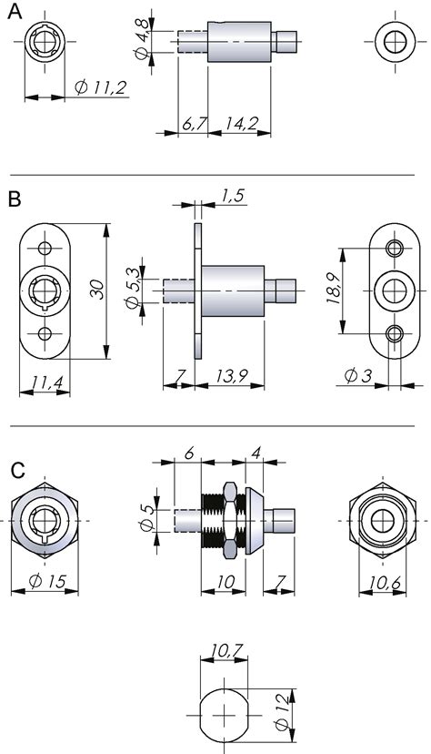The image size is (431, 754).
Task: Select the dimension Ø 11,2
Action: coord(101,87)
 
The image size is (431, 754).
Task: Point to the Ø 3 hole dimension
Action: coord(356,375)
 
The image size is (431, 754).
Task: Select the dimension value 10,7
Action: coord(224,652)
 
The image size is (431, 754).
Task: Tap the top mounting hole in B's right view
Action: coord(394,249)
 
